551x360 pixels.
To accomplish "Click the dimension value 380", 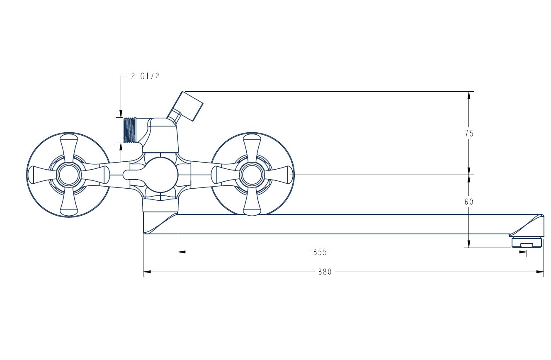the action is (x=325, y=272).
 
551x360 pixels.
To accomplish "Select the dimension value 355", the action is (x=320, y=252).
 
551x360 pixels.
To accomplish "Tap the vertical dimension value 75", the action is (x=469, y=134).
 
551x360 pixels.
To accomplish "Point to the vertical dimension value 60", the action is (x=469, y=202).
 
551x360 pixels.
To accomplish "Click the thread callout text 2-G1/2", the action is (x=145, y=76).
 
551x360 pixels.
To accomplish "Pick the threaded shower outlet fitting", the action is (x=130, y=130).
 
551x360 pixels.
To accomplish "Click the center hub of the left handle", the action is (x=69, y=175).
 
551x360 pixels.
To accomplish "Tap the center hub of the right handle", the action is (x=252, y=175).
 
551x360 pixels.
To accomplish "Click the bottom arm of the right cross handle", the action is (x=252, y=201).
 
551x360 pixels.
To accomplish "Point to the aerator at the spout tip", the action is (x=527, y=242).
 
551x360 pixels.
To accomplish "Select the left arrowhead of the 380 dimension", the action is (x=147, y=272).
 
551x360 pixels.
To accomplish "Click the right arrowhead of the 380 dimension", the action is (x=540, y=272).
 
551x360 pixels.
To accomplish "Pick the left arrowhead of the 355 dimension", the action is (x=182, y=252).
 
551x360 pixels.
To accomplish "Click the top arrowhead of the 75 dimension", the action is (x=469, y=95).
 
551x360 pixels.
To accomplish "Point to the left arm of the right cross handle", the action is (x=226, y=175).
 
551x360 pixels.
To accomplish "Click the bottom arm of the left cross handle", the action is (x=69, y=201).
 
